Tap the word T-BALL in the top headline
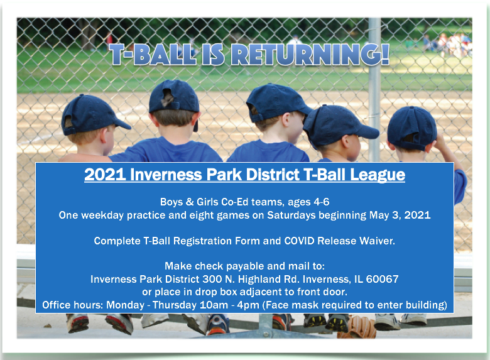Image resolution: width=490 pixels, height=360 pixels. point(153,55)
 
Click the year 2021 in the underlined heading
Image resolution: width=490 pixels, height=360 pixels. point(105,175)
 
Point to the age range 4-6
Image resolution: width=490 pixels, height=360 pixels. point(322,202)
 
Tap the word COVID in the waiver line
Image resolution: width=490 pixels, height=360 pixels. point(299,241)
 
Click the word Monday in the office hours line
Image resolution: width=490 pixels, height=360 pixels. point(125,305)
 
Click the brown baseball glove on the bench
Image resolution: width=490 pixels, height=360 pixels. point(358,327)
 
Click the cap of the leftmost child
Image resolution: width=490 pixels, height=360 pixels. point(92,115)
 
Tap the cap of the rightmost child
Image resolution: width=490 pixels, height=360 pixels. point(411,128)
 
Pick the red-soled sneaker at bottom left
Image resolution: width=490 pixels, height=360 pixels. point(77,323)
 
